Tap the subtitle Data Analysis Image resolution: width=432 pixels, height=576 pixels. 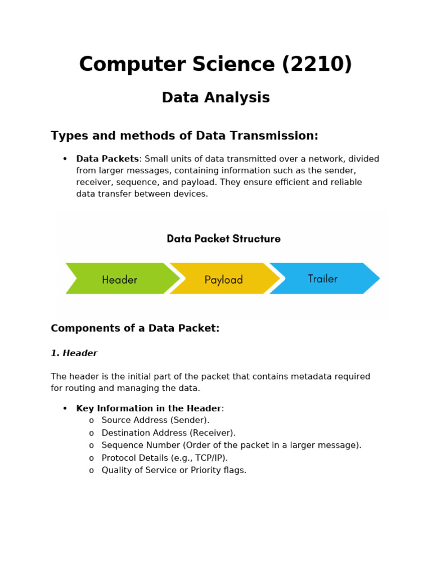pos(216,98)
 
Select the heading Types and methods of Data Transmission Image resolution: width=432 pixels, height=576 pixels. pos(184,136)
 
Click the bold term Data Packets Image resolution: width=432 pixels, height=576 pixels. pos(107,159)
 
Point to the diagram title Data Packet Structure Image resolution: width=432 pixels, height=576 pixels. pos(223,238)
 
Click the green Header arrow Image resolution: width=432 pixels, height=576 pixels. pos(120,279)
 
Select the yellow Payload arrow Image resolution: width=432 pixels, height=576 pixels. pos(223,279)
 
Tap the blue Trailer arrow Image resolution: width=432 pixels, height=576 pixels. pos(323,278)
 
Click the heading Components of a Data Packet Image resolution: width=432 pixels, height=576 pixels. pos(135,328)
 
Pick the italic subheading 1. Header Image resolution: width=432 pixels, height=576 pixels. pos(74,353)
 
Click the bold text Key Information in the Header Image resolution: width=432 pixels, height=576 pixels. pos(149,408)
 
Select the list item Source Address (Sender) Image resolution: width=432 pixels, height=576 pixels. pos(155,420)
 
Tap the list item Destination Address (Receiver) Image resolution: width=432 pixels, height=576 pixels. pos(168,433)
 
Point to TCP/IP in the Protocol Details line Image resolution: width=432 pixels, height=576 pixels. pos(209,458)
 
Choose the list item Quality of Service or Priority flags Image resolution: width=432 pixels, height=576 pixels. pos(174,470)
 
